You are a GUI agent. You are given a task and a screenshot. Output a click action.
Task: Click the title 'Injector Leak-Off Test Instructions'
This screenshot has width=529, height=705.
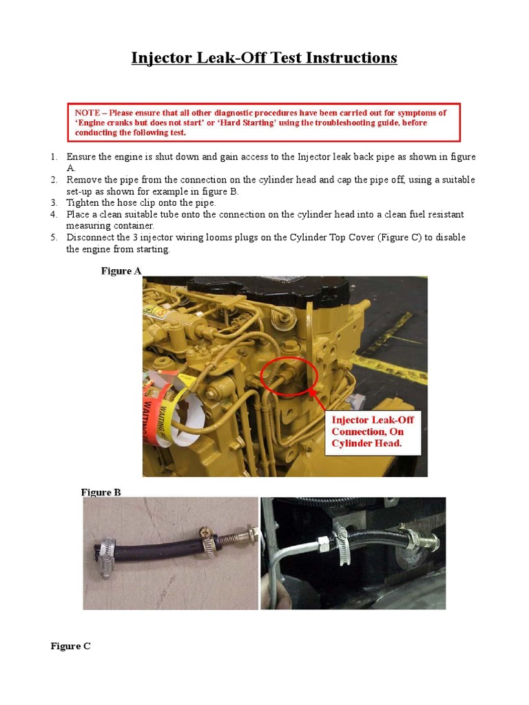(x=264, y=58)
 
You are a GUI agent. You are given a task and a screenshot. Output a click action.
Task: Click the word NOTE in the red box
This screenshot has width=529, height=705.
(x=87, y=113)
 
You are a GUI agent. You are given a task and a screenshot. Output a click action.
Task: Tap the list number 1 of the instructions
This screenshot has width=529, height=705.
(x=54, y=157)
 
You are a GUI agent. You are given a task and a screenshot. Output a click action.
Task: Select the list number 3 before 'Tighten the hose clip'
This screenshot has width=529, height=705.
(x=54, y=203)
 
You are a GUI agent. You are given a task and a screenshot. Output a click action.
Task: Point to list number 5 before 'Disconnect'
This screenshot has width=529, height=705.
(x=54, y=238)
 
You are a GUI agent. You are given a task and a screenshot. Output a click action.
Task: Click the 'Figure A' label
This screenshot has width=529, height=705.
(x=121, y=271)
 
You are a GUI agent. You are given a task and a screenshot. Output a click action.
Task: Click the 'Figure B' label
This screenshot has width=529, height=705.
(x=101, y=492)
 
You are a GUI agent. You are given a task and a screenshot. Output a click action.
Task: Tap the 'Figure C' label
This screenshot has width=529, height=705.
(x=71, y=646)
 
